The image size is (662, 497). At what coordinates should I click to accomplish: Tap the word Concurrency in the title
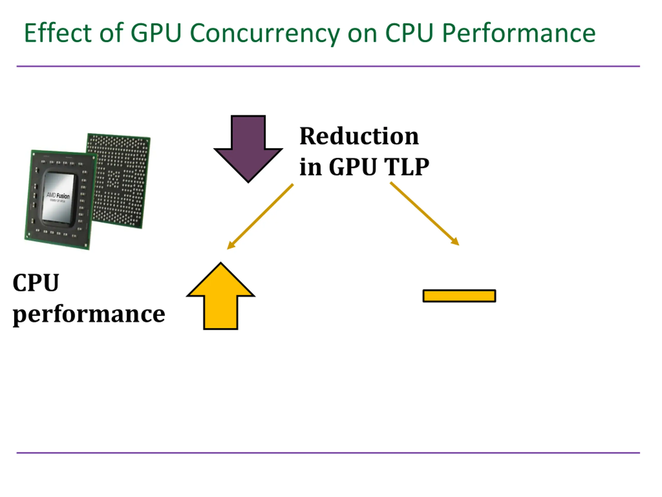pyautogui.click(x=265, y=34)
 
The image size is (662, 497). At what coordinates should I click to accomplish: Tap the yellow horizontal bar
pyautogui.click(x=459, y=296)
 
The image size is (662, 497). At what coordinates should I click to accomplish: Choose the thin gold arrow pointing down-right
pyautogui.click(x=424, y=214)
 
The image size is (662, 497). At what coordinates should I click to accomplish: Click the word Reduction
pyautogui.click(x=359, y=136)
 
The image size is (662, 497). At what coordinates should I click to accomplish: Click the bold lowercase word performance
pyautogui.click(x=89, y=314)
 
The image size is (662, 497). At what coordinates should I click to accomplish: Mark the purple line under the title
pyautogui.click(x=328, y=66)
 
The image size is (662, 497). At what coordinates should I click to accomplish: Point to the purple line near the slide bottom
pyautogui.click(x=328, y=453)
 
